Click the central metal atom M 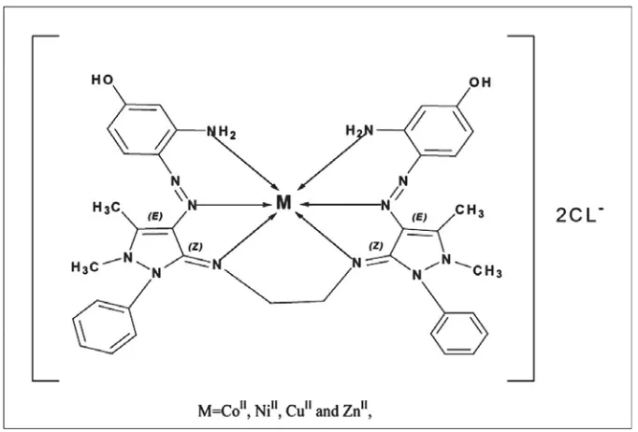[x=283, y=202]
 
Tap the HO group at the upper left [x=102, y=79]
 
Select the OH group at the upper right [x=480, y=82]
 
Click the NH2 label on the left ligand [x=221, y=132]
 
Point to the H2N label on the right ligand [x=359, y=131]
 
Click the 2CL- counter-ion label [x=579, y=214]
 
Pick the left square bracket [x=46, y=209]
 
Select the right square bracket [x=520, y=209]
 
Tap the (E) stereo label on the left [x=154, y=216]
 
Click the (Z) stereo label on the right [x=375, y=246]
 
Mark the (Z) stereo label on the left [x=195, y=247]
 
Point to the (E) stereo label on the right [x=419, y=217]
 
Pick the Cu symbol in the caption [x=293, y=411]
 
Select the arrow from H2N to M [x=331, y=160]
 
